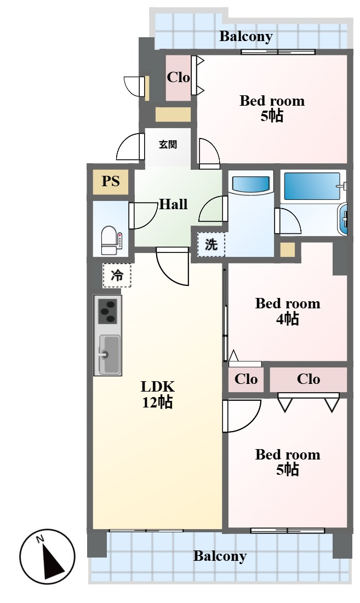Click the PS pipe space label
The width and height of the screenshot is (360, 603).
[111, 181]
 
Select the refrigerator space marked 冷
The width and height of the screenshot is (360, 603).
[117, 275]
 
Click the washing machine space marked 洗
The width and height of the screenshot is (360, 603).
[211, 244]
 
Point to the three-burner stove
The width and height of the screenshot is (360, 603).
[108, 311]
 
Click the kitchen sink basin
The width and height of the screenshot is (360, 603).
[109, 354]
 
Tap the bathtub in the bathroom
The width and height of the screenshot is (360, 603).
[312, 187]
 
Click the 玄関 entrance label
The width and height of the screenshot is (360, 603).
[168, 145]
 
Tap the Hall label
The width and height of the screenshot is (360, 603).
[174, 204]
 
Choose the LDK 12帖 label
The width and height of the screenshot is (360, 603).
[158, 394]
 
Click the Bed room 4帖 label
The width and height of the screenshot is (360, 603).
[288, 311]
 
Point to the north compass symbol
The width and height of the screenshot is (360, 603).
[47, 556]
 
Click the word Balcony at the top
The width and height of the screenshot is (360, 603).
[246, 37]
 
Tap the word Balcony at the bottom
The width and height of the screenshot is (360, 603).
[220, 556]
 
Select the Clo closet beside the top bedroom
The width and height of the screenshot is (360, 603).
[179, 78]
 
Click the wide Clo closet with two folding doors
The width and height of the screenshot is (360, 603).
[308, 379]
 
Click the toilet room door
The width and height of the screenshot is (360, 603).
[143, 216]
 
